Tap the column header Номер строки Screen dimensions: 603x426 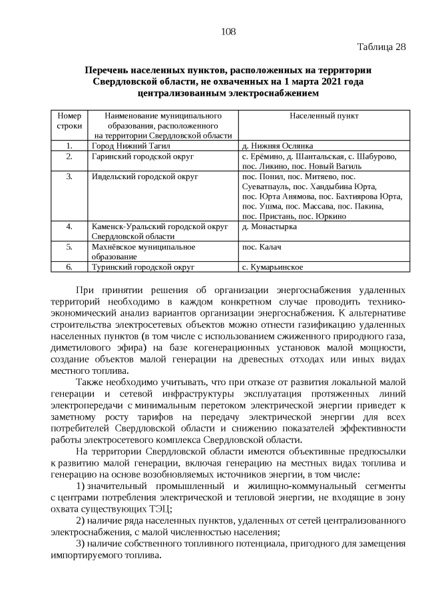69,121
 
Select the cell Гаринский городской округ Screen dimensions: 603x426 142,156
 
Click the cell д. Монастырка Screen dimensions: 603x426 270,227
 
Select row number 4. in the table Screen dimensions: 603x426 69,227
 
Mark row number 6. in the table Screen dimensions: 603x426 69,267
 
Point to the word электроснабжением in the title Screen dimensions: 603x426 256,93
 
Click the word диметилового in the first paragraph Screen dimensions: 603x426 79,347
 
